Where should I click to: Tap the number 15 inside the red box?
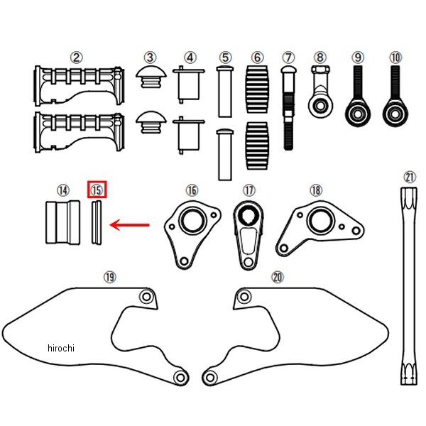pyautogui.click(x=97, y=190)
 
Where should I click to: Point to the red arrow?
pyautogui.click(x=131, y=226)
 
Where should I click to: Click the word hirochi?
pyautogui.click(x=61, y=348)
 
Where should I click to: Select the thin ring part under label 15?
pyautogui.click(x=97, y=224)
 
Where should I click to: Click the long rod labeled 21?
pyautogui.click(x=409, y=284)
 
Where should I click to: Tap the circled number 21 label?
pyautogui.click(x=410, y=177)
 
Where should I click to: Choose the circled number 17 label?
pyautogui.click(x=248, y=190)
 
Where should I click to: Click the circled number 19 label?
pyautogui.click(x=109, y=278)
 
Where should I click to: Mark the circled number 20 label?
pyautogui.click(x=277, y=278)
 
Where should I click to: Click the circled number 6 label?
pyautogui.click(x=257, y=57)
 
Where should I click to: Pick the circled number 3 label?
pyautogui.click(x=150, y=57)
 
